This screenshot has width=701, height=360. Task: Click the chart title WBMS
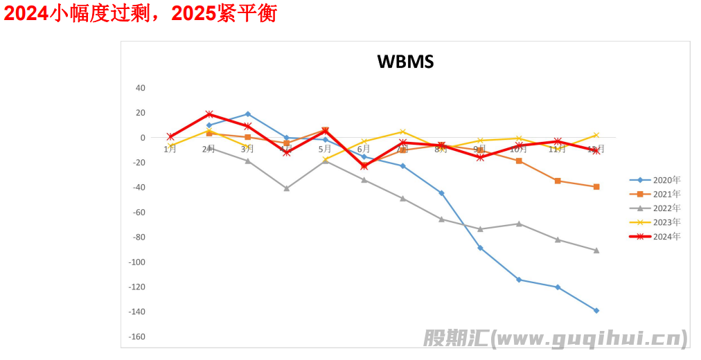[405, 62]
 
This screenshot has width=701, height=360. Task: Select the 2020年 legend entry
[666, 180]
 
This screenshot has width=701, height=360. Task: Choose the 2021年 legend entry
[666, 194]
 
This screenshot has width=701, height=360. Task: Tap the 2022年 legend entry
[666, 208]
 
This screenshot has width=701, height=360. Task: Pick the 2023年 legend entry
[666, 222]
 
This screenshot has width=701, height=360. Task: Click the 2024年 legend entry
[666, 237]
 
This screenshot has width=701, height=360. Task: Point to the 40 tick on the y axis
[141, 88]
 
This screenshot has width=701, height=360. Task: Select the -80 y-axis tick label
[139, 237]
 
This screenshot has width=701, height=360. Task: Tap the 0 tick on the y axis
[143, 138]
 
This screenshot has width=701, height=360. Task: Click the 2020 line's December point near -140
[596, 310]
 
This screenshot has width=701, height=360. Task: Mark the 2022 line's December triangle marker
[596, 250]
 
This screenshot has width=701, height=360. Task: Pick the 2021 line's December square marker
[596, 187]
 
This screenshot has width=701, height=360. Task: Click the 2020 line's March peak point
[247, 114]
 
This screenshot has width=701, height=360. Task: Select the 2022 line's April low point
[286, 188]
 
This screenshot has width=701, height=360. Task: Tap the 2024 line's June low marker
[364, 166]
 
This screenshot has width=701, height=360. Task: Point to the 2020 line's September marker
[480, 248]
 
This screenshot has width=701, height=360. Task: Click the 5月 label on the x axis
[325, 149]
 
